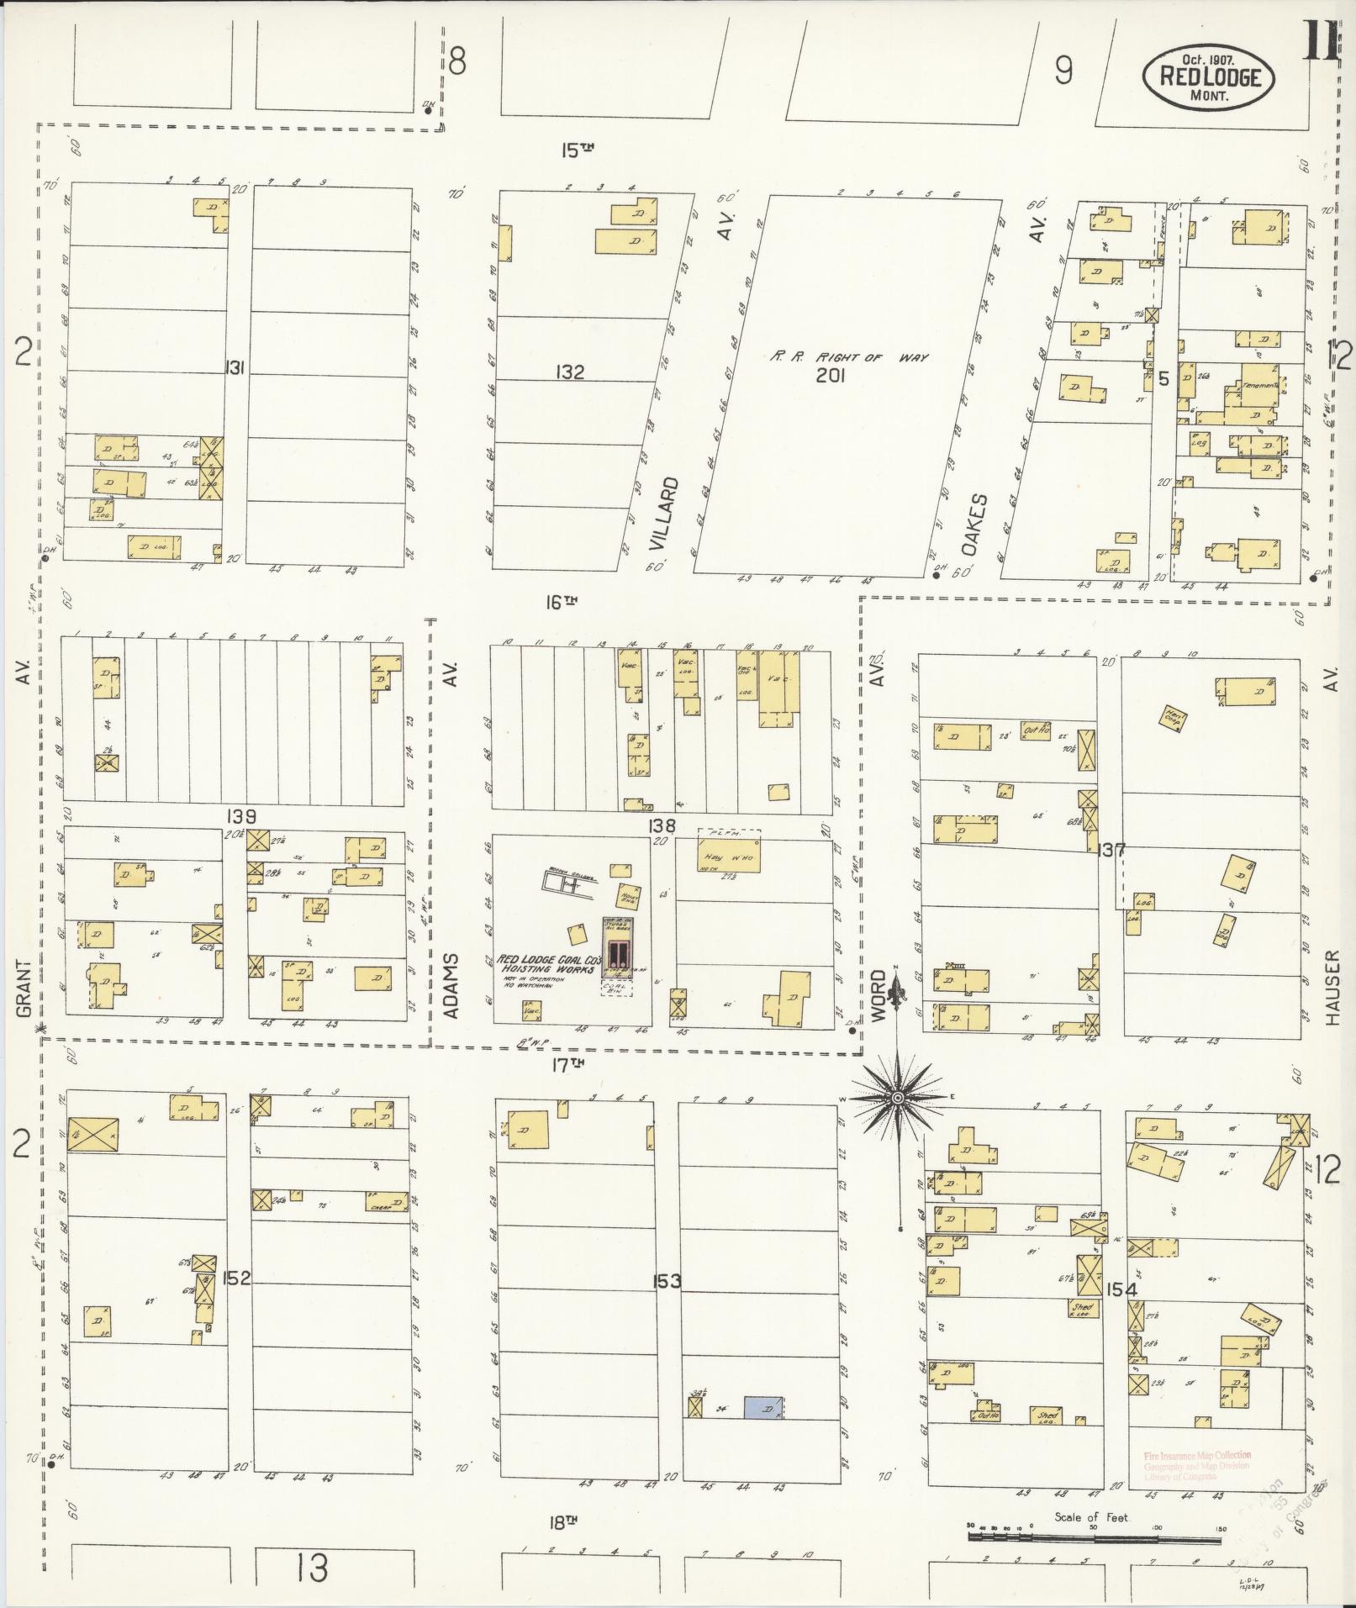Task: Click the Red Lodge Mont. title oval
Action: click(1207, 77)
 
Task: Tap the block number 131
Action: click(235, 367)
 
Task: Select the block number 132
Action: click(569, 372)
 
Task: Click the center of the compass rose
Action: click(898, 1098)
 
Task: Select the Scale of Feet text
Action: click(1092, 1517)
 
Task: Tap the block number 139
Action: click(240, 816)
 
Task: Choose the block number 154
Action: click(1121, 1289)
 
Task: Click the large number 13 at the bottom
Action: click(312, 1567)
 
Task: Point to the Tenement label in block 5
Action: click(1259, 386)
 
